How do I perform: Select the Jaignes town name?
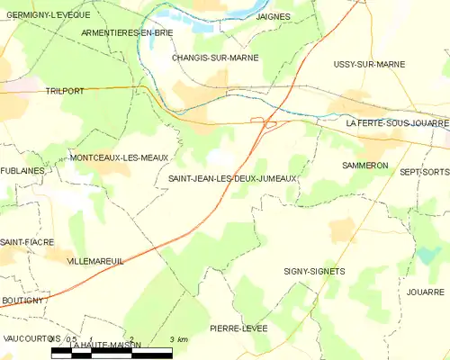click(271, 16)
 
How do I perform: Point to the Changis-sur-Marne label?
click(215, 58)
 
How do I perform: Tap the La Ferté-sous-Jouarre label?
click(397, 122)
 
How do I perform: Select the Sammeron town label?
click(364, 166)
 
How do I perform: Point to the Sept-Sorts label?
click(424, 171)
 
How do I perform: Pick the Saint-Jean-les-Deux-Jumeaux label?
click(232, 179)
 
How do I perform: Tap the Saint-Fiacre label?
click(27, 242)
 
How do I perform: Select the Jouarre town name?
click(425, 292)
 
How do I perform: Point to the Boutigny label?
click(22, 300)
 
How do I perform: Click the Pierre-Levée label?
click(238, 328)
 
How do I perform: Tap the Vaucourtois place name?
click(31, 338)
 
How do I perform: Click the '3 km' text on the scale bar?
click(178, 339)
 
